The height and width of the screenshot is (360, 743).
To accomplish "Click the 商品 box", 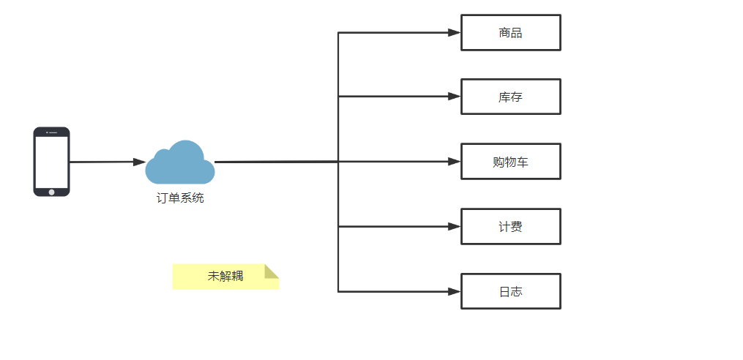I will click(x=510, y=33).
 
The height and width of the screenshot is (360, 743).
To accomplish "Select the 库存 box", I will click(x=510, y=97).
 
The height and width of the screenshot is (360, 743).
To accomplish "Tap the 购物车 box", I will click(x=510, y=162).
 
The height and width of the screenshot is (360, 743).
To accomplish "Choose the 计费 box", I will click(x=510, y=227).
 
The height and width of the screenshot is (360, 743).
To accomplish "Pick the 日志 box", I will click(x=510, y=291).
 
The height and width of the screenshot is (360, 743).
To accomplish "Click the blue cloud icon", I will click(x=180, y=164).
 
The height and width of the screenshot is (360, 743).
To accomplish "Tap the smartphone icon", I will click(x=51, y=162).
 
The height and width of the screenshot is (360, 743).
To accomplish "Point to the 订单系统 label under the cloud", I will click(x=180, y=198).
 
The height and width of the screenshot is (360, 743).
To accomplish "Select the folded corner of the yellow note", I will click(x=272, y=271).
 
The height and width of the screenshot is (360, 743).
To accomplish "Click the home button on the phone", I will click(x=51, y=192).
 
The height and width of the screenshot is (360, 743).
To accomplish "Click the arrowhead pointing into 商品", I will click(x=454, y=32).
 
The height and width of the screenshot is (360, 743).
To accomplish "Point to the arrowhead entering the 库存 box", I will click(x=454, y=96).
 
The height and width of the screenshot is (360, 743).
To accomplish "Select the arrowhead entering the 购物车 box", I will click(x=454, y=161).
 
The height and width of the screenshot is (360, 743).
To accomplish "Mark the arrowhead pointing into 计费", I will click(x=454, y=226).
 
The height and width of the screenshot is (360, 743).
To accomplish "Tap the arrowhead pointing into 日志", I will click(x=454, y=291).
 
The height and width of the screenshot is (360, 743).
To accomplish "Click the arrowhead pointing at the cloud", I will click(x=139, y=162).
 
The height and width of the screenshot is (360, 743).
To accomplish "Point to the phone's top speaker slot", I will click(x=53, y=132).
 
